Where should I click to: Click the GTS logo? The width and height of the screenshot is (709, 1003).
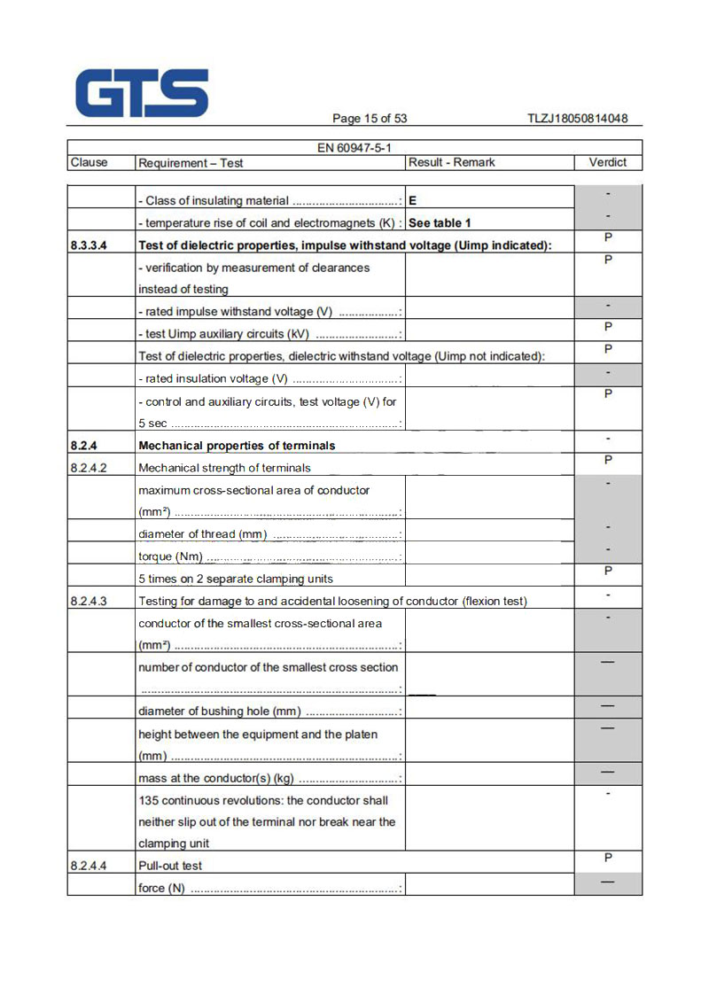tap(142, 93)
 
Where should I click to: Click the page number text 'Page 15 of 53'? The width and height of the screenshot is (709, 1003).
tap(370, 119)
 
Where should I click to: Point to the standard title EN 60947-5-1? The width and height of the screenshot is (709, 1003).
tap(354, 148)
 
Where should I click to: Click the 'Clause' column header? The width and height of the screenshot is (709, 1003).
tap(89, 163)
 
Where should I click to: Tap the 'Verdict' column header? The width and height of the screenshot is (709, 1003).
tap(607, 162)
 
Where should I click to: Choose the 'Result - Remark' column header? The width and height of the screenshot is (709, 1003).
tap(451, 163)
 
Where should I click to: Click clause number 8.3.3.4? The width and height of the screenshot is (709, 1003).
tap(89, 245)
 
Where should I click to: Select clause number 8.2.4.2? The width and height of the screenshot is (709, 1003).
tap(89, 468)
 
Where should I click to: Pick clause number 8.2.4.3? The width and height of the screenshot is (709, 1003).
tap(89, 602)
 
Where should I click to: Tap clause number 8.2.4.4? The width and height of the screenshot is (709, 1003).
tap(89, 866)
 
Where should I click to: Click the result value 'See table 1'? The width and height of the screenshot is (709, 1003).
tap(440, 223)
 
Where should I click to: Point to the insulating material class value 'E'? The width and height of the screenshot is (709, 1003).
tap(413, 201)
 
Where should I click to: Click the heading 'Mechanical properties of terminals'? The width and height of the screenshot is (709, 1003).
tap(237, 446)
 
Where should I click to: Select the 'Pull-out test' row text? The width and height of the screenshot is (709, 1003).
tap(170, 866)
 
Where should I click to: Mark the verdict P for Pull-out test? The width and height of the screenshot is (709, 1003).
tap(608, 858)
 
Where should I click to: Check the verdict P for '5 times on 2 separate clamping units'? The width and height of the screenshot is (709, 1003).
tap(608, 571)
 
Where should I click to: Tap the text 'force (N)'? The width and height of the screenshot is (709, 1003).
tap(162, 888)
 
